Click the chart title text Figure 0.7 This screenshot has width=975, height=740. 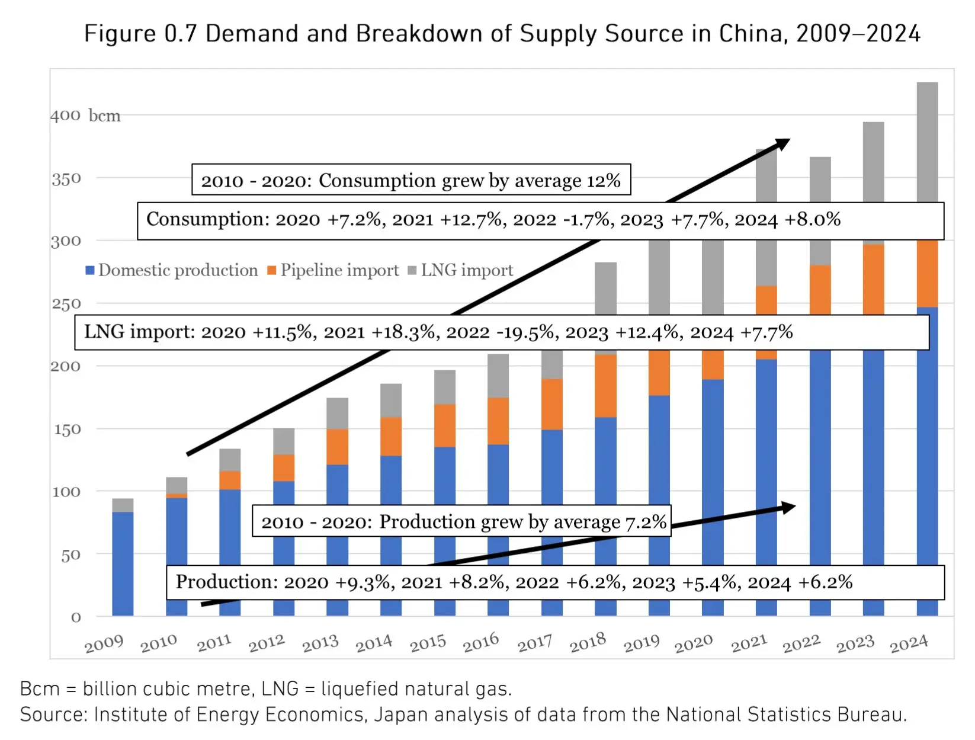coord(140,34)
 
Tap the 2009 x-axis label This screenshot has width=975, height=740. coord(104,643)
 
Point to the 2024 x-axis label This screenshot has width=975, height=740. coord(909,643)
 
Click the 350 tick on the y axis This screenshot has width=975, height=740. coord(66,179)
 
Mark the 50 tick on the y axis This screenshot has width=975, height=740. coord(70,555)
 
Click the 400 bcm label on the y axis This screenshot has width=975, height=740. coord(85,116)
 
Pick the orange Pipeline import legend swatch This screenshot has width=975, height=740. coord(272,271)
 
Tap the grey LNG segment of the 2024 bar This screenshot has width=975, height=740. coord(927,142)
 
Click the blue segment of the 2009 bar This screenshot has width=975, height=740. coord(123,563)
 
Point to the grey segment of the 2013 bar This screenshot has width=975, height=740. coord(337,413)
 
